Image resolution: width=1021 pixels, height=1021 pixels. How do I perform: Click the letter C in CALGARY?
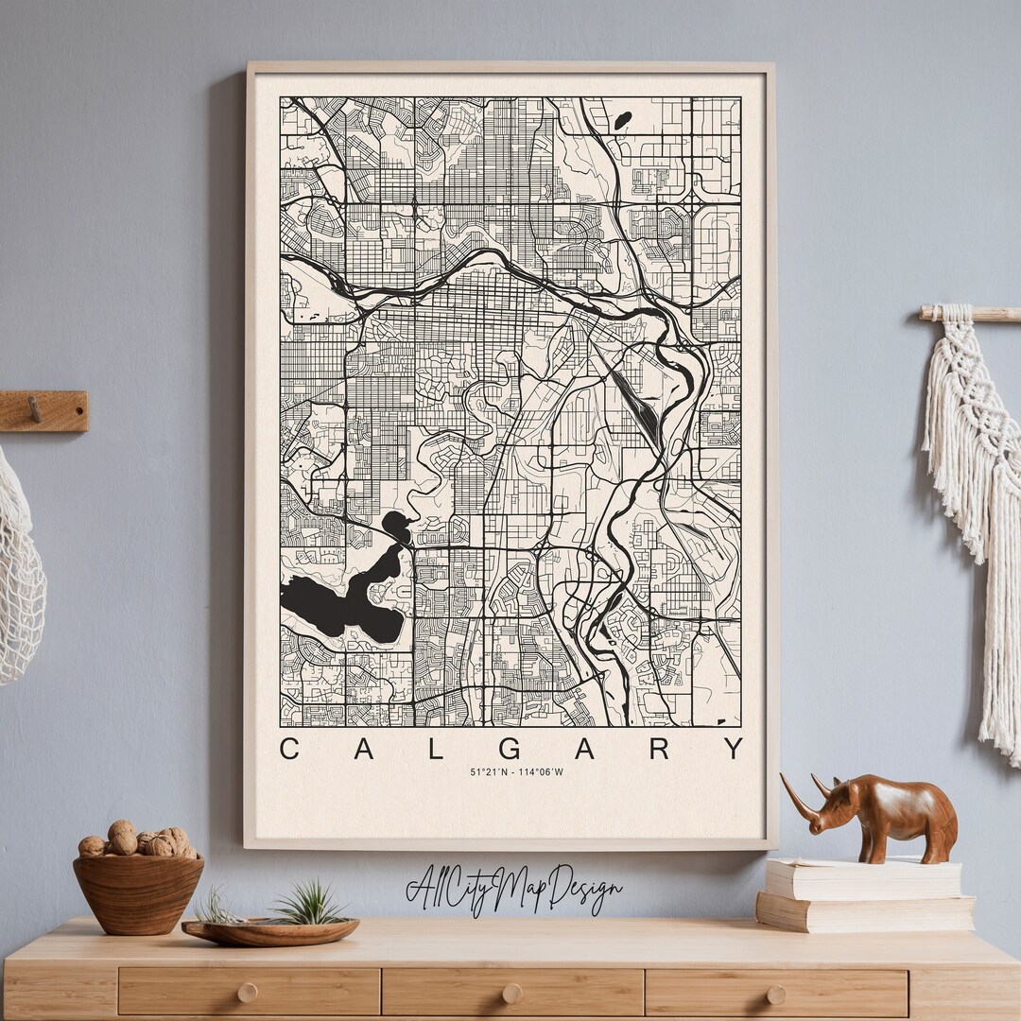289,749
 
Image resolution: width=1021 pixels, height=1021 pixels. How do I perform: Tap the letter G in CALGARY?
510,749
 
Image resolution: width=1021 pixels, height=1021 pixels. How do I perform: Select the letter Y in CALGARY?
734,749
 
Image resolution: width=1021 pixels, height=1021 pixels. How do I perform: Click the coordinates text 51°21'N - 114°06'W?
516,772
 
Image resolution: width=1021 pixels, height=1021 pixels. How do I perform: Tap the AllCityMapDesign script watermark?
513,889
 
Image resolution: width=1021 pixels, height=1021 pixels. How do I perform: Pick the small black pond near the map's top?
622,121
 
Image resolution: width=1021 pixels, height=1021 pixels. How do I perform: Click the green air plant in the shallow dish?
307,905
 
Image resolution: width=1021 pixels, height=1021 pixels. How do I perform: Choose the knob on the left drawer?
247,993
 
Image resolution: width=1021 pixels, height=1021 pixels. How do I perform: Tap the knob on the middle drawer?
511,993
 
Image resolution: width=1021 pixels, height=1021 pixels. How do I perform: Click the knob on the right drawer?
775,993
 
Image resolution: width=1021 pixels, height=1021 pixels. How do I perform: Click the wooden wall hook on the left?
43,411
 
